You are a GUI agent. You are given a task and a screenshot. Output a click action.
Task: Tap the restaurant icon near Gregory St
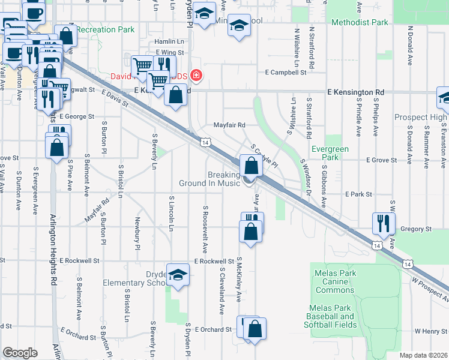pyautogui.click(x=382, y=223)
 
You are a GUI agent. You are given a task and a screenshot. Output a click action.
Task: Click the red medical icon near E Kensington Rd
pyautogui.click(x=196, y=76)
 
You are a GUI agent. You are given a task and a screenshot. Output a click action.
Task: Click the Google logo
pyautogui.click(x=20, y=353)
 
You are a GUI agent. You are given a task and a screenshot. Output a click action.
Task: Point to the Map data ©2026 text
pyautogui.click(x=423, y=355)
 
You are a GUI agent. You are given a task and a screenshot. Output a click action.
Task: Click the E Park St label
pyautogui.click(x=359, y=194)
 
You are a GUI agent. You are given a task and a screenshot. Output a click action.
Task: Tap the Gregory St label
pyautogui.click(x=416, y=229)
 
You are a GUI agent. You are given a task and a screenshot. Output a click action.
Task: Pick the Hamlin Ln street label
pyautogui.click(x=169, y=41)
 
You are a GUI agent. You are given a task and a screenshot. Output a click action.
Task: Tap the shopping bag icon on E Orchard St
pyautogui.click(x=255, y=328)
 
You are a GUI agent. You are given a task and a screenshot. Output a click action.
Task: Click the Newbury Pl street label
pyautogui.click(x=137, y=234)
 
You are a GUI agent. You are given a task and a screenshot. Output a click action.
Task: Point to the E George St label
pyautogui.click(x=77, y=116)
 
